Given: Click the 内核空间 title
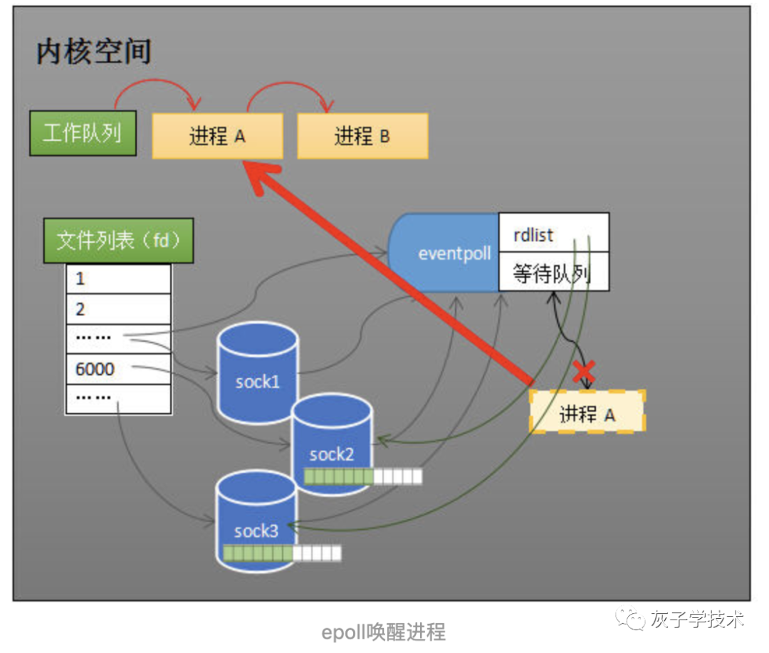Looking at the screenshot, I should [93, 53].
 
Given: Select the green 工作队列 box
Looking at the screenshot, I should [83, 132].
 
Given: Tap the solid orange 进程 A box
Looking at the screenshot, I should [217, 136].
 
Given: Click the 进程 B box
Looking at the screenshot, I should [362, 136].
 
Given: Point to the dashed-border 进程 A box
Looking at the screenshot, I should [587, 413].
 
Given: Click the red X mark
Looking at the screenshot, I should [585, 371].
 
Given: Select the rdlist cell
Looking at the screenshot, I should [553, 233].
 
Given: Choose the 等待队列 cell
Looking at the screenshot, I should [553, 272].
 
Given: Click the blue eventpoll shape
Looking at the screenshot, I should [445, 253].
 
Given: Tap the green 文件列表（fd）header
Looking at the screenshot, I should [117, 240].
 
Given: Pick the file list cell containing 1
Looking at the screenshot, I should [118, 278].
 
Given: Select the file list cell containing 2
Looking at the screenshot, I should [118, 309].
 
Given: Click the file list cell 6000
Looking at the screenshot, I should [118, 370].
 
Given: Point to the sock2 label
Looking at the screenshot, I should [332, 454].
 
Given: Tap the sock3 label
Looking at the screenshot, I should [256, 531].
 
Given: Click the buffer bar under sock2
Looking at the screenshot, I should [362, 476].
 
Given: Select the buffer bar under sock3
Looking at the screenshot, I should [282, 553].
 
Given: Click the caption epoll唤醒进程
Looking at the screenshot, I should [383, 631].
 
